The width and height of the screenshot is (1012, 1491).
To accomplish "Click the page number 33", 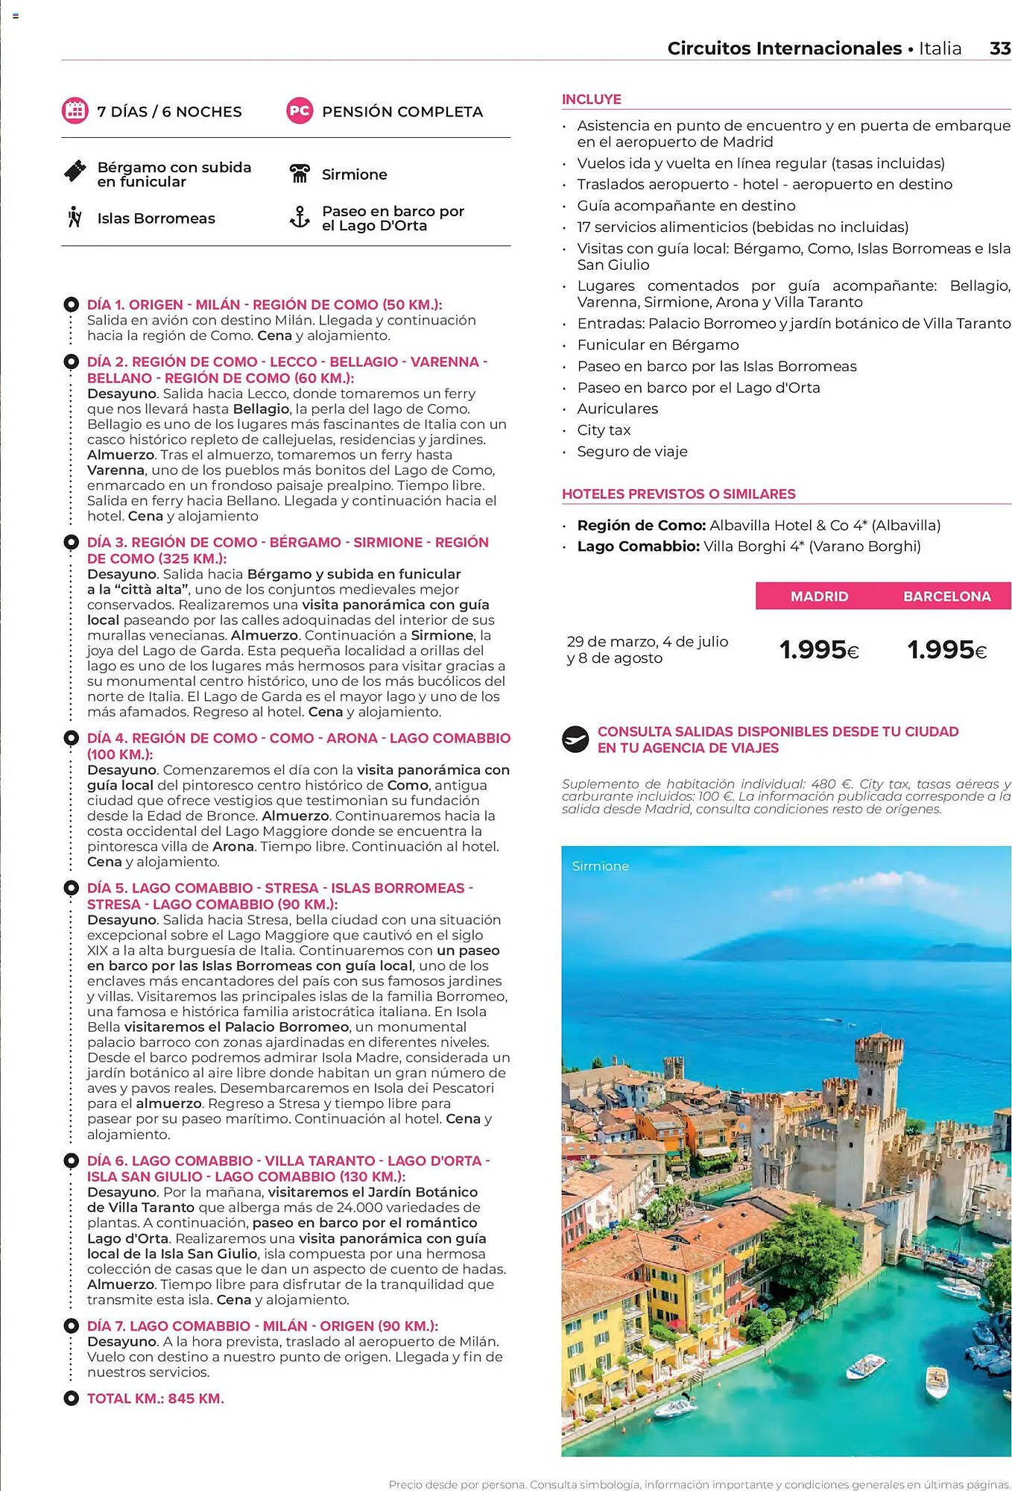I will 999,48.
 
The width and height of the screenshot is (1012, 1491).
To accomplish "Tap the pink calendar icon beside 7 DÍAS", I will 75,111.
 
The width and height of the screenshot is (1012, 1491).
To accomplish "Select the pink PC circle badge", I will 300,111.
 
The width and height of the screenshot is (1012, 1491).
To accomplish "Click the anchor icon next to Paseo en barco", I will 300,218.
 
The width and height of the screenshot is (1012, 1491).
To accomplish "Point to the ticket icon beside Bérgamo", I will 75,171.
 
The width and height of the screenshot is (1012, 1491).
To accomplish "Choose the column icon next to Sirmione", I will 300,174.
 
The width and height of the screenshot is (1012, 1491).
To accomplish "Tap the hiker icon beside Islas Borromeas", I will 75,218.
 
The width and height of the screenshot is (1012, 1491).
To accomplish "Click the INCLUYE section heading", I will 592,99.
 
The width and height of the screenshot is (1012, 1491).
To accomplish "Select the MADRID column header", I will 819,596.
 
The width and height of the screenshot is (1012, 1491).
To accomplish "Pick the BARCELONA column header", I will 946,596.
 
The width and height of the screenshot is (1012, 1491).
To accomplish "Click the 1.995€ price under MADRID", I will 819,650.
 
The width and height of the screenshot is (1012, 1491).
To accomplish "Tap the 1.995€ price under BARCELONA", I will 946,650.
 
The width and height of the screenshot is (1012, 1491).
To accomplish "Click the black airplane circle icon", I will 575,740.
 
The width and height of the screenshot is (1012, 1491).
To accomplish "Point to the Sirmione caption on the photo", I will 601,866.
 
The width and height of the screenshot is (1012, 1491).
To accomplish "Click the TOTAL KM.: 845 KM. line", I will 155,1399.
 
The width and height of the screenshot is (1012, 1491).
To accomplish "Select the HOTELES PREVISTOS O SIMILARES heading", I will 678,494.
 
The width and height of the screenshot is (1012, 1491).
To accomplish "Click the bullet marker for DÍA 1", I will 71,304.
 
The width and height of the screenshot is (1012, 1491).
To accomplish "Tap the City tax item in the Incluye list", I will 604,430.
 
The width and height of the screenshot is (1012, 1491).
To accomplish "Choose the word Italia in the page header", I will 940,48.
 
